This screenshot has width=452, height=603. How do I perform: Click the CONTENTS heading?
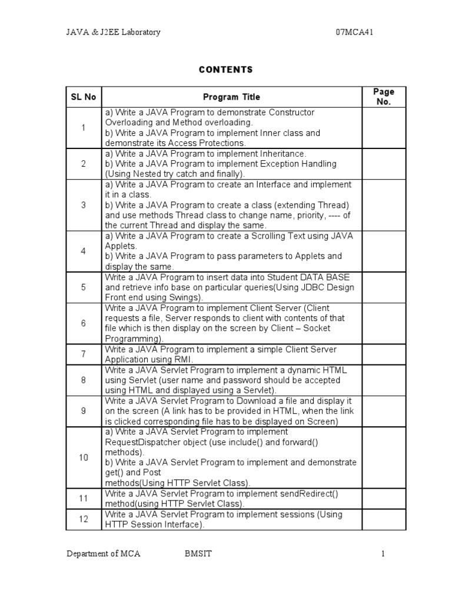[225, 69]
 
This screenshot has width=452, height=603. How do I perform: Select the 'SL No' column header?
[83, 97]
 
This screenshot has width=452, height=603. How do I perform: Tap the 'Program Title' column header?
[231, 97]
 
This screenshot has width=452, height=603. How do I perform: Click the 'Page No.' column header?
[384, 97]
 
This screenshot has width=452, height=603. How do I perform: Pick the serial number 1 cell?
[83, 128]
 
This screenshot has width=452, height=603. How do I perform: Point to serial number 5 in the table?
[83, 287]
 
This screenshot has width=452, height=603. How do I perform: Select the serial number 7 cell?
[83, 354]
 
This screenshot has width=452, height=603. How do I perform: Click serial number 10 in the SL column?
[83, 458]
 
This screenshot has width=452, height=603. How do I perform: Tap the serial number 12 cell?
[83, 519]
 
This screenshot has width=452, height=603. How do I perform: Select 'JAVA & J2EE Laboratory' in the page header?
[113, 32]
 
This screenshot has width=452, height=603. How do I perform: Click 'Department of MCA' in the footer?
[103, 554]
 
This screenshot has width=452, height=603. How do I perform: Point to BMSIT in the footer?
[197, 554]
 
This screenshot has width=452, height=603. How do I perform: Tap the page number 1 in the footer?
[383, 554]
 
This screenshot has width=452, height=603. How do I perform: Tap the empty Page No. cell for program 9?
[384, 411]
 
